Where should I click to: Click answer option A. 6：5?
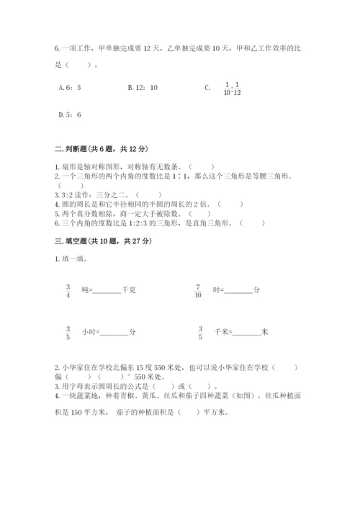[x=68, y=88]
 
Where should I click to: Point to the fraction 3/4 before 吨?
[x=68, y=290]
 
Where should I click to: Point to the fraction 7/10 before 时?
[x=198, y=290]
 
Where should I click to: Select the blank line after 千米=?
[x=247, y=333]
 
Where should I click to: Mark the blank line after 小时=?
[x=114, y=333]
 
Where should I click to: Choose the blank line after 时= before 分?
[x=238, y=292]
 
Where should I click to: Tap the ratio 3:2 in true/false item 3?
[x=66, y=194]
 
